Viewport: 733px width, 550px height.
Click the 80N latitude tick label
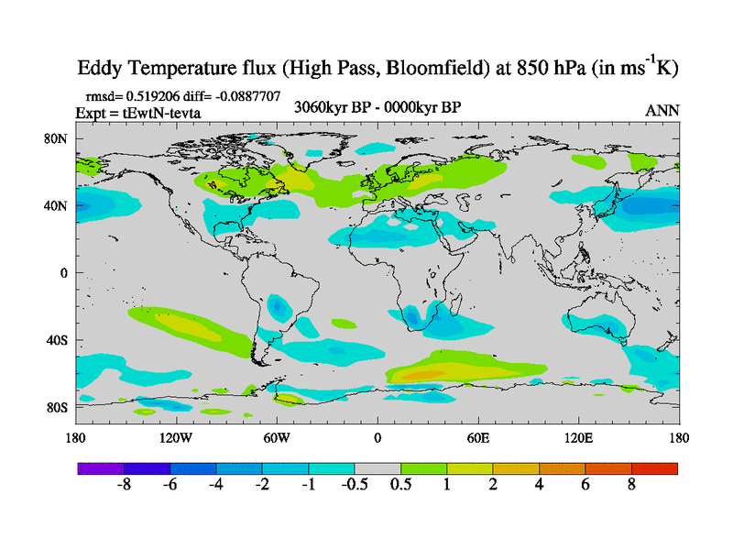click(x=58, y=139)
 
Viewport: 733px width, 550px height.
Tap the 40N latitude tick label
click(x=58, y=206)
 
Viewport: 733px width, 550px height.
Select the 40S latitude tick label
click(x=58, y=340)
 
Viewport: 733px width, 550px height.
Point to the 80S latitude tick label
click(x=58, y=407)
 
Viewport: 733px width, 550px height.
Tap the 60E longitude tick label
click(x=478, y=437)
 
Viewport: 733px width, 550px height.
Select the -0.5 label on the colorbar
click(x=354, y=485)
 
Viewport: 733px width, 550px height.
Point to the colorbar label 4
click(x=540, y=485)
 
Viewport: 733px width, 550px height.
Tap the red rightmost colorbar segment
click(x=654, y=467)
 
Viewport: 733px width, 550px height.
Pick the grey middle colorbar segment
click(x=377, y=467)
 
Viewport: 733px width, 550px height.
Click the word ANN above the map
click(x=662, y=110)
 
